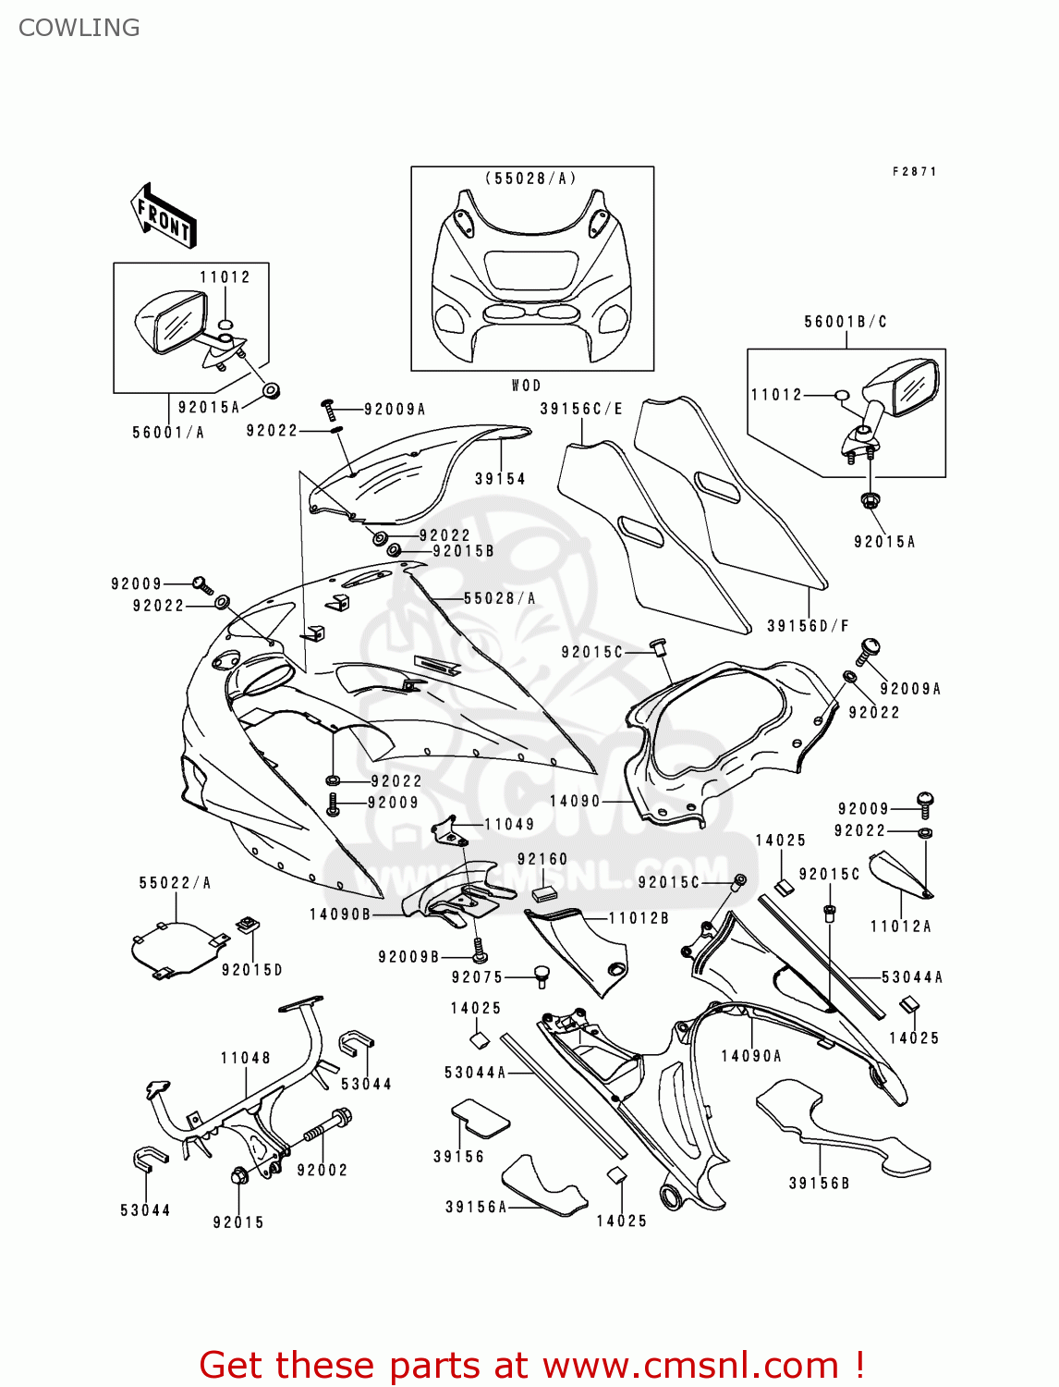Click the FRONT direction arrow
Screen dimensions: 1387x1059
(x=164, y=216)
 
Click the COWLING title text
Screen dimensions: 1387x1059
(x=79, y=28)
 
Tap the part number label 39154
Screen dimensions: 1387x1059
(x=500, y=479)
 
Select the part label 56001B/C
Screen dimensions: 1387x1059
(x=845, y=322)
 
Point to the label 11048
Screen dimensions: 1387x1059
(x=246, y=1058)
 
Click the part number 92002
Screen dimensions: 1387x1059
(x=323, y=1170)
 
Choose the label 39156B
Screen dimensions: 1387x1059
(x=819, y=1184)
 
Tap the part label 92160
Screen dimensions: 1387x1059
(x=542, y=860)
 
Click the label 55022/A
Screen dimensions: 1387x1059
(x=176, y=883)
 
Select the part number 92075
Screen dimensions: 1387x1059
(x=477, y=977)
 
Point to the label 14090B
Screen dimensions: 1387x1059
(x=339, y=914)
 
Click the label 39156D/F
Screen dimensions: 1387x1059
(x=808, y=626)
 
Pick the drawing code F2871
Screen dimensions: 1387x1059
(x=914, y=172)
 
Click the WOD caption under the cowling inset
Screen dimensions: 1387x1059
(x=526, y=386)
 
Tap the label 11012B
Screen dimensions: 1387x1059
(x=639, y=918)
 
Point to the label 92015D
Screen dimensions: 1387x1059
(x=251, y=970)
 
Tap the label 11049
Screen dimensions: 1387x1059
(x=509, y=824)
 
